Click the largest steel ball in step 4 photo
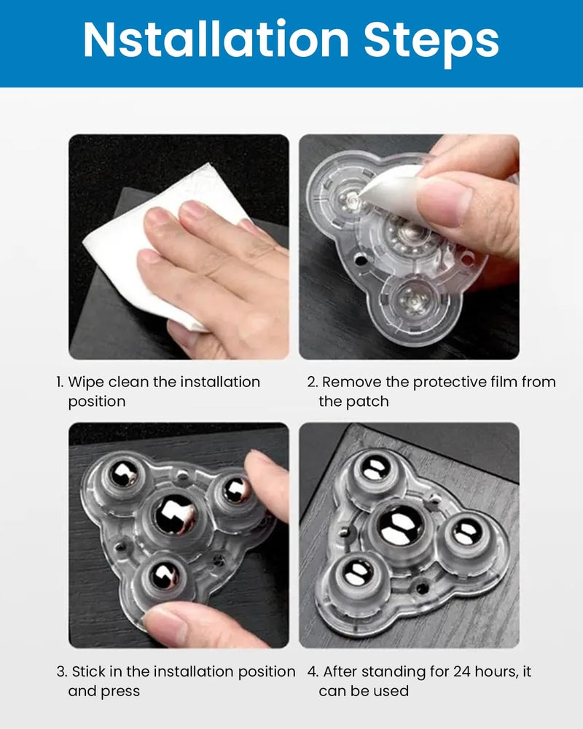[x=399, y=526]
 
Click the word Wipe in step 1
[x=86, y=382]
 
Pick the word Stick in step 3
[x=90, y=671]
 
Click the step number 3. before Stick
[x=62, y=671]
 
